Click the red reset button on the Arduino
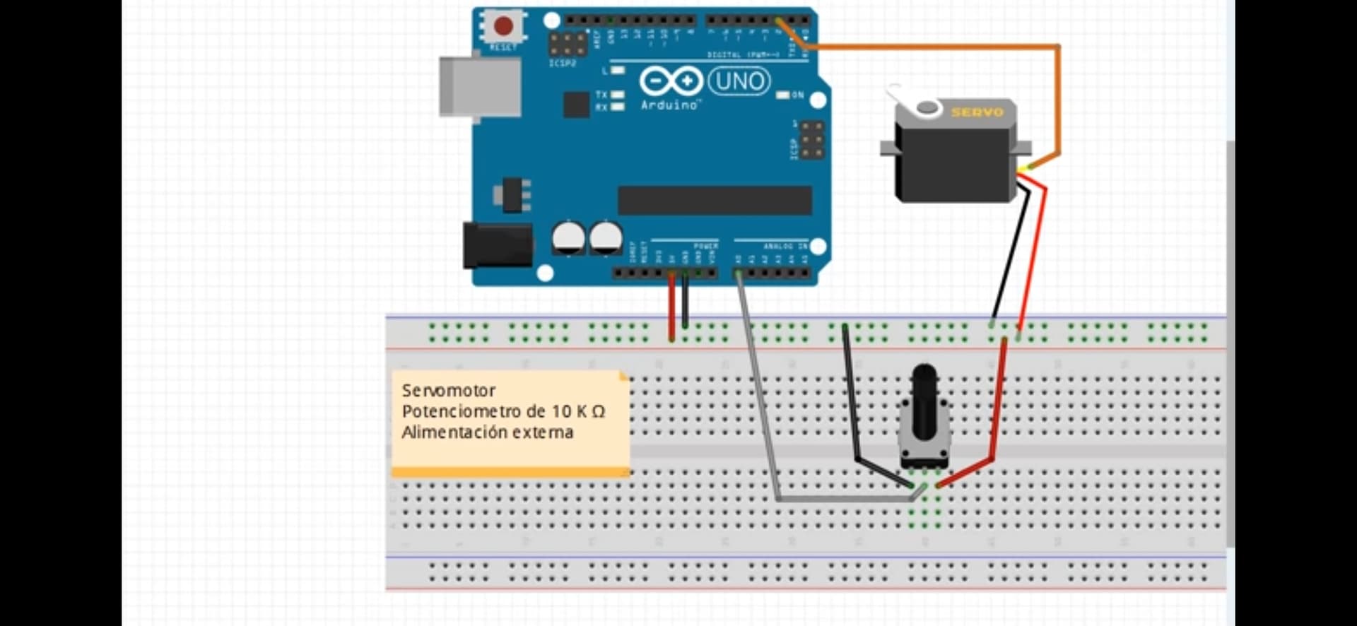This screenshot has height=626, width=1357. coord(503,26)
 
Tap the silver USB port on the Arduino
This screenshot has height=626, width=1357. coord(480,87)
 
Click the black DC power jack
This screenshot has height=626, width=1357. coord(497,245)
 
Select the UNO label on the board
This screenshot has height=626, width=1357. coord(739,81)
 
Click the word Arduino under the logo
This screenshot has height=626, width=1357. coord(669,105)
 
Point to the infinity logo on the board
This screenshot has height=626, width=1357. coord(671,81)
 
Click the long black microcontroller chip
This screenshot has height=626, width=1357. coord(714,200)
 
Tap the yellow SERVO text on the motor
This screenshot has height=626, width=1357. coord(977,112)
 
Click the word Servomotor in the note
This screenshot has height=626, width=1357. coord(448,390)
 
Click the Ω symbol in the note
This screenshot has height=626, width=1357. coord(598,411)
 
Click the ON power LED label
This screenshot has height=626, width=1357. coord(797,95)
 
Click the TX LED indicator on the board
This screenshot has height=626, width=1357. coord(617,95)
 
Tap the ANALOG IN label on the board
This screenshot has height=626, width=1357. coord(785,246)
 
